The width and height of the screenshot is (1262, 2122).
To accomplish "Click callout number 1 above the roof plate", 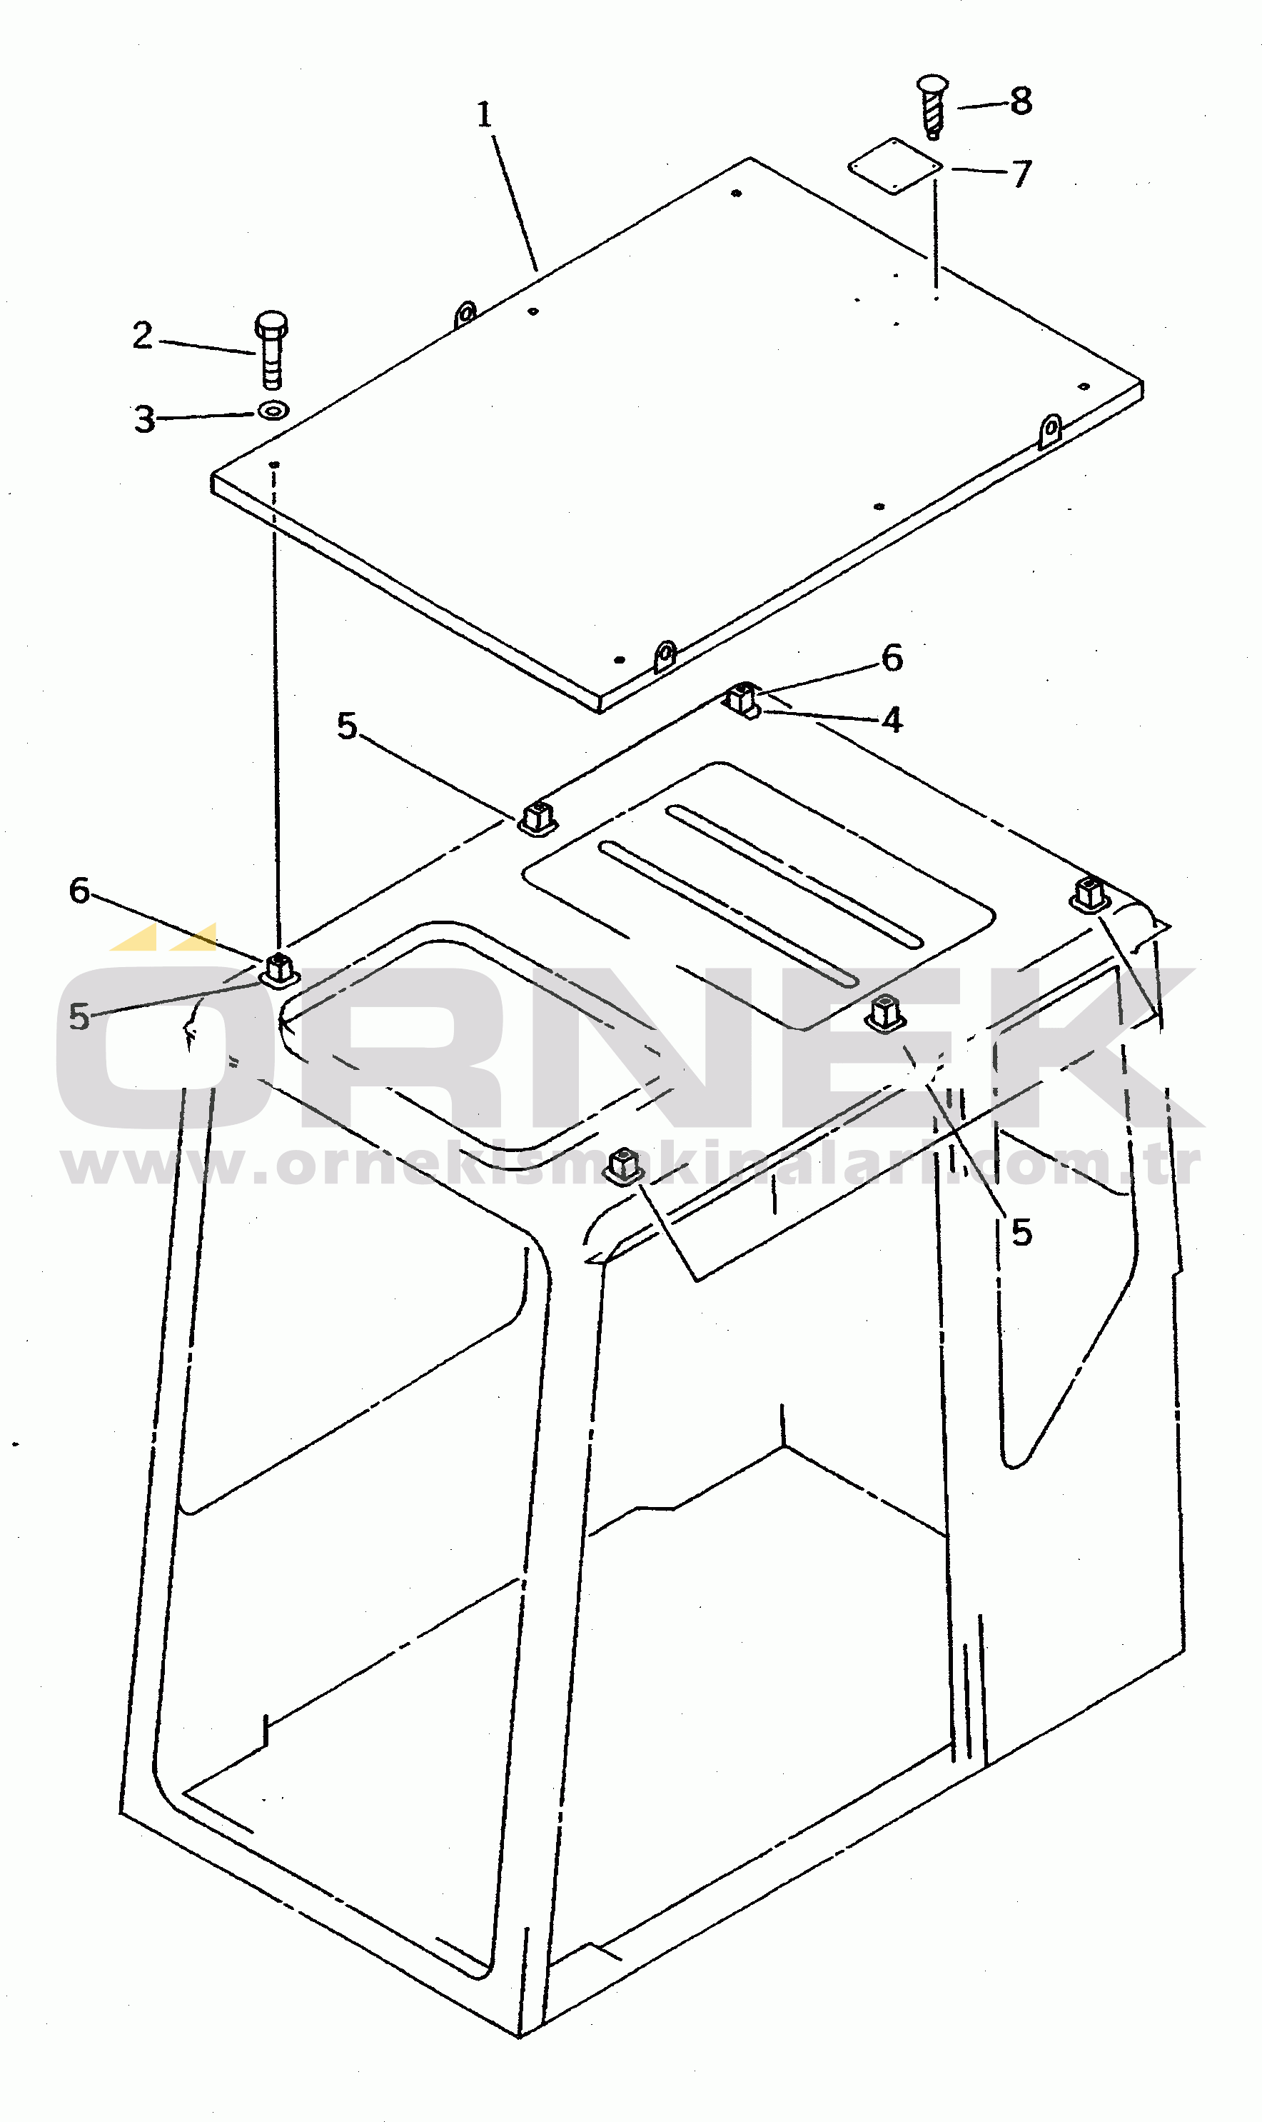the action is point(484,115).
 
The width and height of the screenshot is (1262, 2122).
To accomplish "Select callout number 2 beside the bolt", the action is point(142,335).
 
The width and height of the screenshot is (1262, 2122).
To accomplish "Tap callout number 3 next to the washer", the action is point(145,419).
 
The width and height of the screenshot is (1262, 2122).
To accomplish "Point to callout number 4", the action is point(892,720).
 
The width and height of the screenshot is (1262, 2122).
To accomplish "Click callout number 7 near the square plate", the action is point(1021,174).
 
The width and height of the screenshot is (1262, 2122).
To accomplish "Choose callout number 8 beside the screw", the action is point(1021,101).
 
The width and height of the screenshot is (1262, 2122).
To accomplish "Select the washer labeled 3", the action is point(273,411).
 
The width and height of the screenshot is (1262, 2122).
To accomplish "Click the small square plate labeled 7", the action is point(894,166).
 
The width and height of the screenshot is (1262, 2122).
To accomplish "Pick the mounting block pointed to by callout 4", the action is point(743,700).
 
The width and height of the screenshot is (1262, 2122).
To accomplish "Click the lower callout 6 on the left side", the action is point(79,891).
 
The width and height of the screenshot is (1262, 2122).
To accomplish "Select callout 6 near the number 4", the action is point(892,658).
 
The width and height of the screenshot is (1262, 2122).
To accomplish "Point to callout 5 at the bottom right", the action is point(1021,1232).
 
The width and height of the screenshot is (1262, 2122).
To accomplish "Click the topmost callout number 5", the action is point(347,726).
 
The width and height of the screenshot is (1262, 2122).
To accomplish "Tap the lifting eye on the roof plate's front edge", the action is point(665,656).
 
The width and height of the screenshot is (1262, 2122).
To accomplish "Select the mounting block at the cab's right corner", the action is point(1089,894).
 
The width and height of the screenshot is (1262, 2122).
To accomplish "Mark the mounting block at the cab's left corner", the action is point(279,971).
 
